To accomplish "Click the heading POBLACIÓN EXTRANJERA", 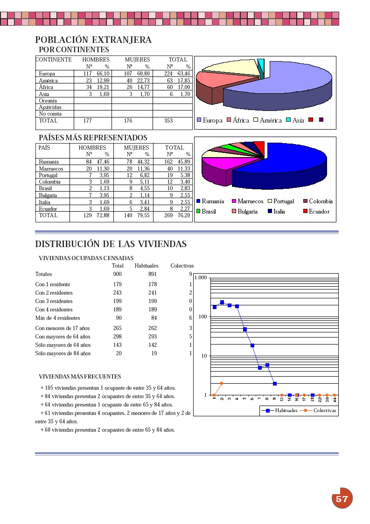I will click(93, 40).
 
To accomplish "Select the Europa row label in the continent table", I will click(47, 74).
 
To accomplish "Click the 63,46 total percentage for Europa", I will click(184, 74).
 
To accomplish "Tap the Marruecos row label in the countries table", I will click(51, 169).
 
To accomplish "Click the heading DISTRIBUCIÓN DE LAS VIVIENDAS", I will click(111, 244).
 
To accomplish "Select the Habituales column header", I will click(147, 266).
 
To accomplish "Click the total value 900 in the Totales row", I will click(117, 274).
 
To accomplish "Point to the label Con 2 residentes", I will click(54, 293).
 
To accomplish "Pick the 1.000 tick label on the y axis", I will click(201, 278).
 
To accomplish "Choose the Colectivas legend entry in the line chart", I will click(325, 410).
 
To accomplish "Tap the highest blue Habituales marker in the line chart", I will click(222, 303).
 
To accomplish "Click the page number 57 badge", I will click(342, 498).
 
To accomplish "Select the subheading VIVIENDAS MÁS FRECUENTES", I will click(80, 377).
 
